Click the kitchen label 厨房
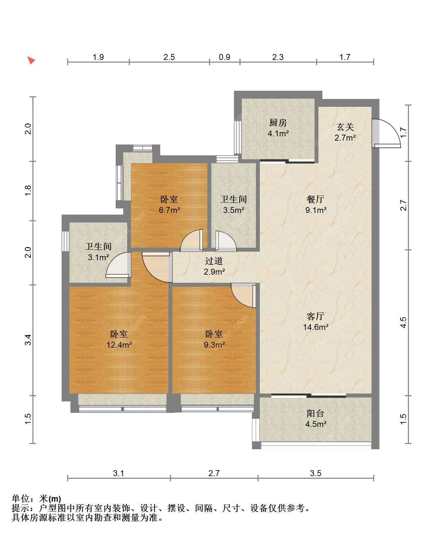point(278,123)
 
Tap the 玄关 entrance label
point(345,127)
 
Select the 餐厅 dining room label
point(316,199)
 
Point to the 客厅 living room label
point(316,316)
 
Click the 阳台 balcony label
point(315,414)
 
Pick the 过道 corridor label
point(214,261)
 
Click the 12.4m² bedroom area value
point(119,345)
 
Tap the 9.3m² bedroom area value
point(214,345)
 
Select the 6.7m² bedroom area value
point(169,210)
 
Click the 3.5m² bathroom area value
point(234,210)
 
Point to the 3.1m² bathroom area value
point(98,257)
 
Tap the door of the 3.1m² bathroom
point(118,265)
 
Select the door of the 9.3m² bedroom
point(243,295)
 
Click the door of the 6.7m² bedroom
point(192,240)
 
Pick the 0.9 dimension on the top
point(224,57)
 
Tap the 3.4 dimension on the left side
point(29,339)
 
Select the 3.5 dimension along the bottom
point(316,473)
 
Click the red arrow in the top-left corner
point(31,60)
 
